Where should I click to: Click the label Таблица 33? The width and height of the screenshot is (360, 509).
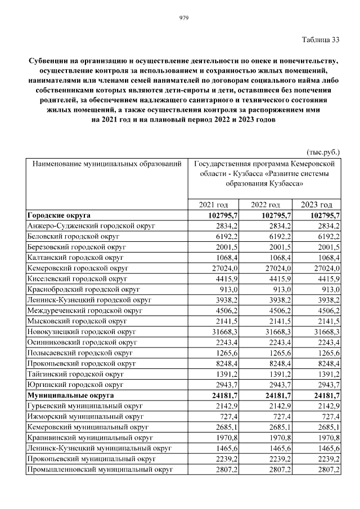[321, 39]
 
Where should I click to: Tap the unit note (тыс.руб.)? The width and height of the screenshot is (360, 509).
[323, 152]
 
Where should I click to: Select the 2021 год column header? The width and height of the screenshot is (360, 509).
[214, 205]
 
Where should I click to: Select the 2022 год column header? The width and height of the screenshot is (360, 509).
[265, 205]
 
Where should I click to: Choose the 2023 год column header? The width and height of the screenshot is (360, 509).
[316, 205]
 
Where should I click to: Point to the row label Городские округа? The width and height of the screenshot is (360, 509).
[59, 215]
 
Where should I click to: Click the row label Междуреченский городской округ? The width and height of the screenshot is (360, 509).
[85, 310]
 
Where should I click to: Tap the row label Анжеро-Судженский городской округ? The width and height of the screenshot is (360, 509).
[91, 226]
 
